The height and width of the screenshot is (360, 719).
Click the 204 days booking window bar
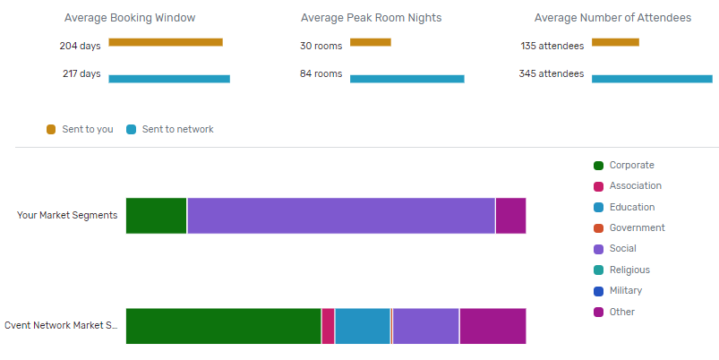click(166, 42)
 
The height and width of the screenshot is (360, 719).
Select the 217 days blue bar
click(169, 79)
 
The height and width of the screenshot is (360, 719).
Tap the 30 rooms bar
click(371, 42)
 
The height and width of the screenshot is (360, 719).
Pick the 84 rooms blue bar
click(407, 79)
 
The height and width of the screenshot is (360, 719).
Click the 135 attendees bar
click(615, 42)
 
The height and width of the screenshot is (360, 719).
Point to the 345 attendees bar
click(652, 79)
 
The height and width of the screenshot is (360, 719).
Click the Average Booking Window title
click(130, 18)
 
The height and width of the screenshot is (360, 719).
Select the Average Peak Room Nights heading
click(371, 18)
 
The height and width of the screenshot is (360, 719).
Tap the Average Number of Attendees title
click(612, 18)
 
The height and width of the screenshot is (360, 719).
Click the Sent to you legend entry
click(81, 129)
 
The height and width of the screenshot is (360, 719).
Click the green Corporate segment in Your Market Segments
click(156, 216)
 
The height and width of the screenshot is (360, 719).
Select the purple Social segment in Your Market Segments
click(340, 216)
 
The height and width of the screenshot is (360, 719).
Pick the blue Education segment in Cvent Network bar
click(363, 326)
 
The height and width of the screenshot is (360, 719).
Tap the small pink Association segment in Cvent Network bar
click(328, 326)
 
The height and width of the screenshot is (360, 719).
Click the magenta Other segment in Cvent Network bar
click(492, 326)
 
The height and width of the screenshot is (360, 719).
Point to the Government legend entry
click(629, 227)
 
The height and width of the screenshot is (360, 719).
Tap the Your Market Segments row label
click(67, 216)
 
